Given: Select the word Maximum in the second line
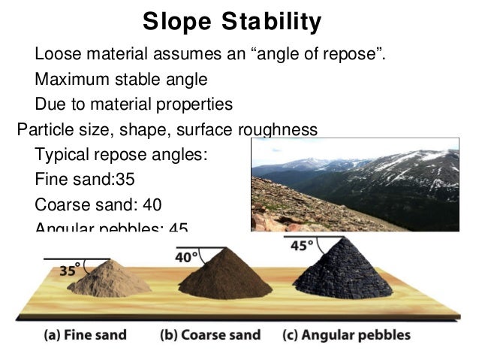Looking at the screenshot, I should [x=68, y=79].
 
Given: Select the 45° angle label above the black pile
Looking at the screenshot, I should [x=299, y=246].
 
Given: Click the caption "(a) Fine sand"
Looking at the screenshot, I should [x=83, y=334].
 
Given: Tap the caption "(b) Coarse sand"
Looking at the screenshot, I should [x=210, y=334].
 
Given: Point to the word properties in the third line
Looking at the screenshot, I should [x=191, y=103].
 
